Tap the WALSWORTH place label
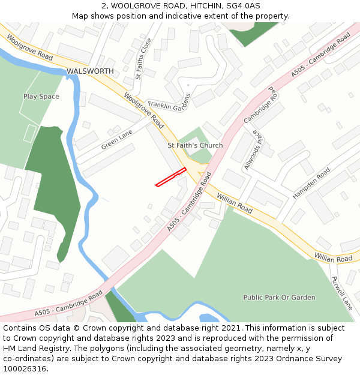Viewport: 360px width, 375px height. click(90, 71)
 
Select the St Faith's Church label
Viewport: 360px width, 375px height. click(195, 145)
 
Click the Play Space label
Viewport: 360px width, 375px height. click(41, 97)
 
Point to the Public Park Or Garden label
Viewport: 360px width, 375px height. click(279, 298)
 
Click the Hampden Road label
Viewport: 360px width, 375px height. click(311, 184)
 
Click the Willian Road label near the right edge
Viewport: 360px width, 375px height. click(334, 259)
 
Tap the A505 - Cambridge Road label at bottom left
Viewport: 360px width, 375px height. click(69, 304)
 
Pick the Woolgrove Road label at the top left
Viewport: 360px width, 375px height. click(30, 47)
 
